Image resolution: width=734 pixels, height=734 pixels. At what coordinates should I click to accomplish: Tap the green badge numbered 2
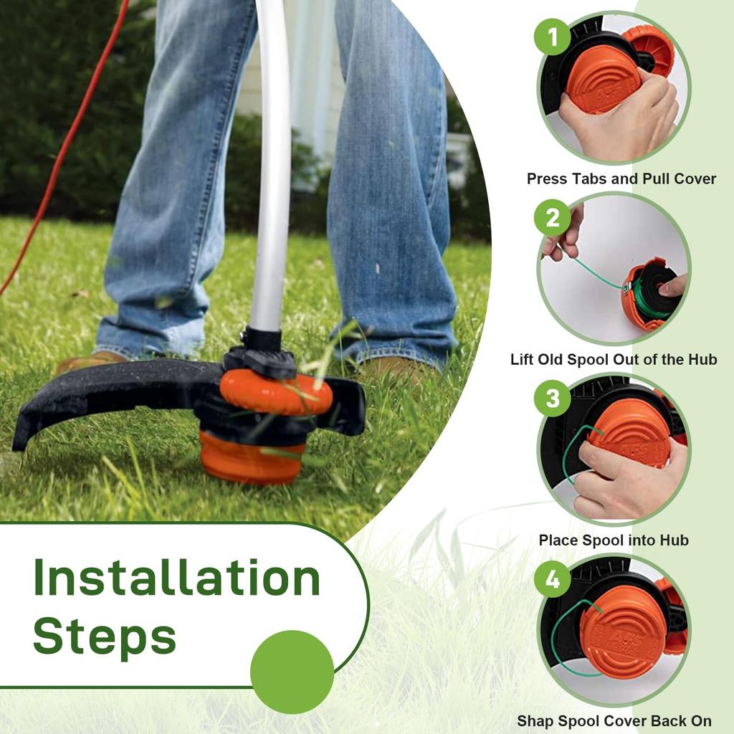tap(553, 217)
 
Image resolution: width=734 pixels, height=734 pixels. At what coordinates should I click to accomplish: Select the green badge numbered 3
tap(553, 399)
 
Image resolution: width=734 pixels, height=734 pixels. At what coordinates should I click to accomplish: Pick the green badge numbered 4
tap(553, 579)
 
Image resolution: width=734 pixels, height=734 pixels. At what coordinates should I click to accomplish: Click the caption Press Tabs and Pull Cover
tap(621, 178)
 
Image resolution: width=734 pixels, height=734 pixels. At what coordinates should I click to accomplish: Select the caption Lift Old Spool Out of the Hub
tap(614, 359)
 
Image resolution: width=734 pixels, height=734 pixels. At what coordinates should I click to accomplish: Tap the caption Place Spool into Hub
tap(614, 540)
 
